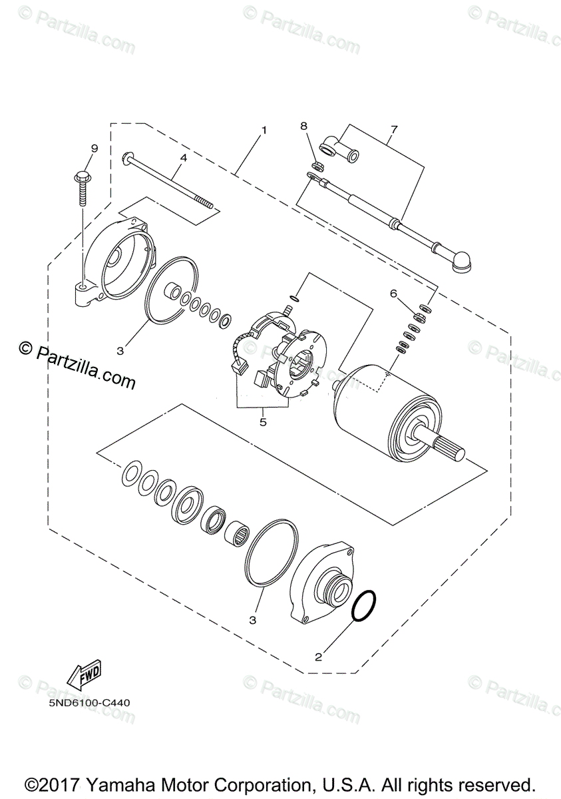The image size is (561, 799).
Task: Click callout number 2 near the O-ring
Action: [318, 657]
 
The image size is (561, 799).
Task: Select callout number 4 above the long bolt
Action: [182, 158]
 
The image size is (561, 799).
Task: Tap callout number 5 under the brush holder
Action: [263, 421]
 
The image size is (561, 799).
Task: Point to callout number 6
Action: [412, 293]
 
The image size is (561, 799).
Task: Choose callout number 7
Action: [393, 129]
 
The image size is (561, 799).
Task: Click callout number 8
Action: [303, 126]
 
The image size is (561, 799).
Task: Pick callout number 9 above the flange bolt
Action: [94, 148]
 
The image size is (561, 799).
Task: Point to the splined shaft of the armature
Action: [453, 445]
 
